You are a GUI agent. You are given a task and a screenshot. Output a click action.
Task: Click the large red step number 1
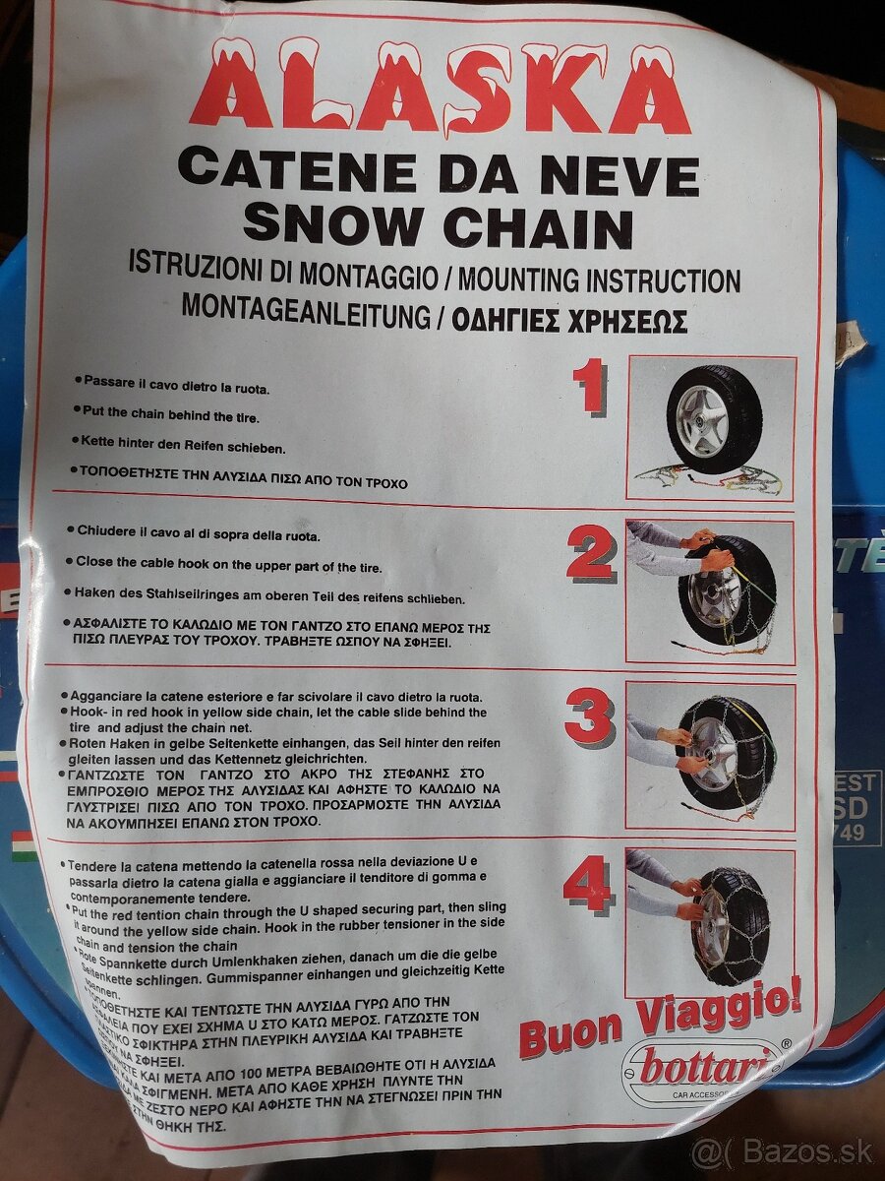[590, 387]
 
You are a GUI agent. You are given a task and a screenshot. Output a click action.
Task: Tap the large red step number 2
[590, 554]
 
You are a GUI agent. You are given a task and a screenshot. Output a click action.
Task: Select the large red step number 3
[590, 719]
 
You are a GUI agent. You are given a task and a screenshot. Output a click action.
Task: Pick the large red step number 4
[588, 883]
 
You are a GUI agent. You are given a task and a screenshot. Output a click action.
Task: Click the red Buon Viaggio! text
[659, 1019]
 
